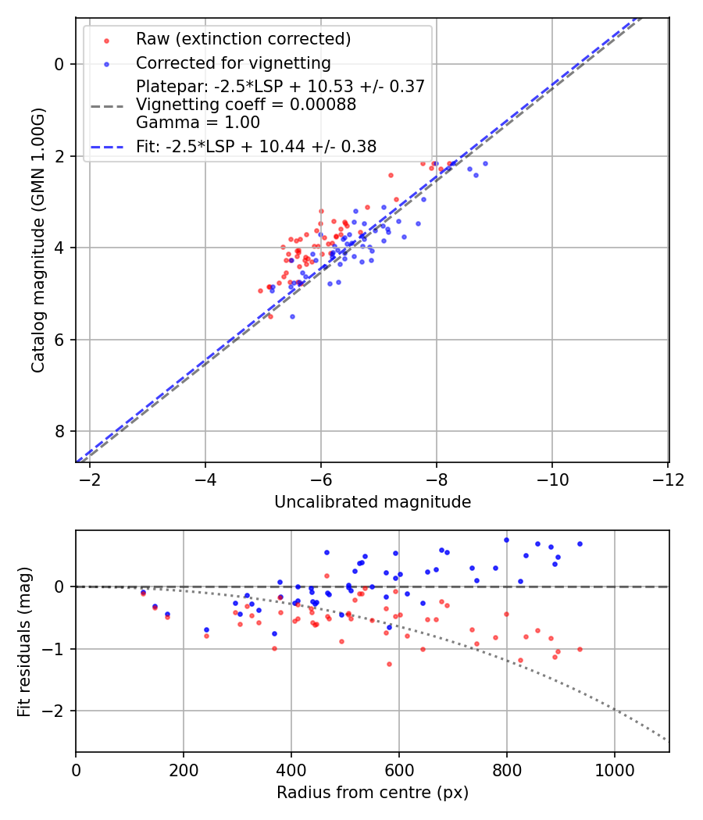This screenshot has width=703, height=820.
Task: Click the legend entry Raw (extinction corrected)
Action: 243,39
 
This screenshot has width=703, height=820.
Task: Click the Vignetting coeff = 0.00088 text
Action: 246,105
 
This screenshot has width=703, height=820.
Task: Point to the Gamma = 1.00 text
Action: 198,123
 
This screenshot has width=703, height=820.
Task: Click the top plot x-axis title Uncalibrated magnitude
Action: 373,502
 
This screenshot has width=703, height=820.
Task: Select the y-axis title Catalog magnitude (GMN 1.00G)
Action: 38,240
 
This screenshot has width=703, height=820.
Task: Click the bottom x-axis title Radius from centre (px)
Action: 373,793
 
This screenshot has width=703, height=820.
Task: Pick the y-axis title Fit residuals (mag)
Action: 24,641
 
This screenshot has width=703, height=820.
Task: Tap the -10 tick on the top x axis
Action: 552,479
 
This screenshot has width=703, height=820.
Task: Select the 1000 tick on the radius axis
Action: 614,769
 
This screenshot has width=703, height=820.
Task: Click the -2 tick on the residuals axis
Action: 56,711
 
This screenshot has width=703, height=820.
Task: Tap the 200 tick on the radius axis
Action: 184,769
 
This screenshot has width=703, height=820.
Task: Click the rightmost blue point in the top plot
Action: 485,163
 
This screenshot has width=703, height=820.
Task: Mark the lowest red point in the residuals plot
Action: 389,664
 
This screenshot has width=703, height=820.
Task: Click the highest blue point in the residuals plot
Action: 506,540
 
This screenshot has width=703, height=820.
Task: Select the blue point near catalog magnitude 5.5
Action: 292,316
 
